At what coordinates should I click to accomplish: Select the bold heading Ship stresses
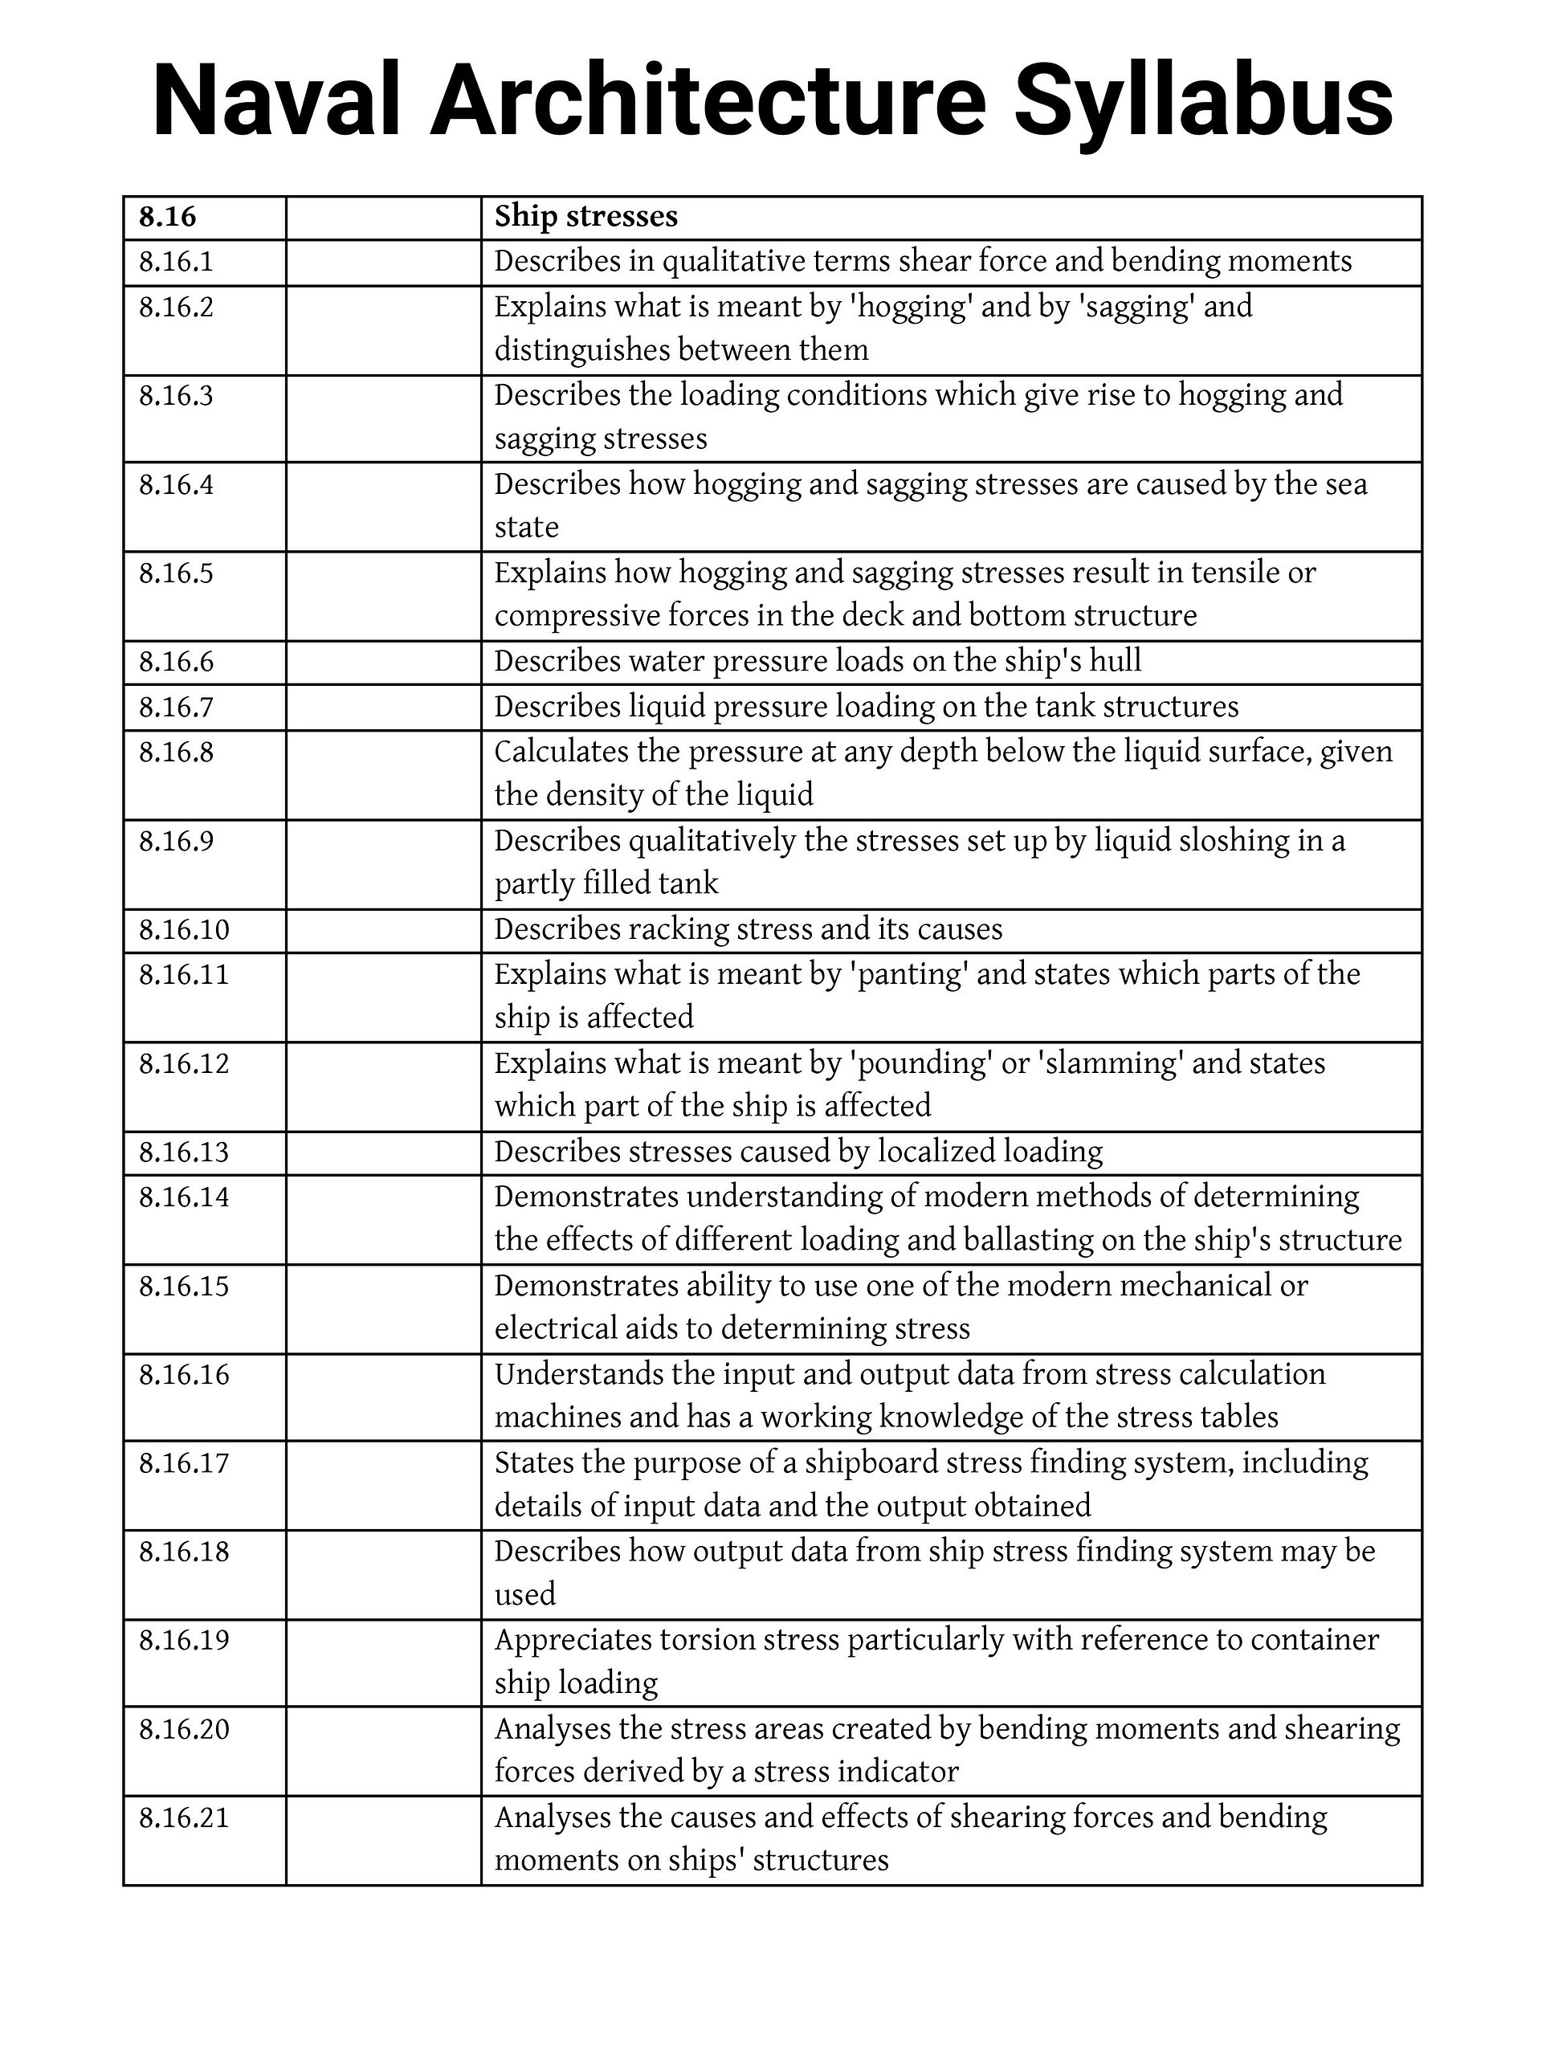click(585, 217)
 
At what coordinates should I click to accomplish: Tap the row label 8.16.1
click(176, 262)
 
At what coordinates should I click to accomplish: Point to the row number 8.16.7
click(176, 708)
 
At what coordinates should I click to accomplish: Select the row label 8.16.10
click(184, 929)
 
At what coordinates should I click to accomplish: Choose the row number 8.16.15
click(184, 1287)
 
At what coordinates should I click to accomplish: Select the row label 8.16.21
click(184, 1817)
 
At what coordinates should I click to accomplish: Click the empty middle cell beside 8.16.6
click(383, 662)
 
